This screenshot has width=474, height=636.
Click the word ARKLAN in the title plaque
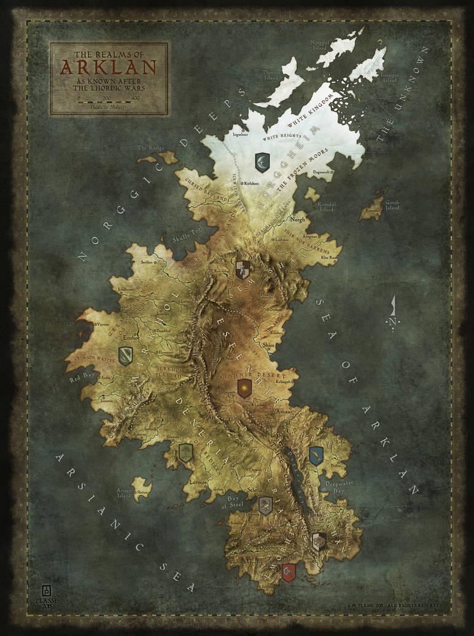coord(109,66)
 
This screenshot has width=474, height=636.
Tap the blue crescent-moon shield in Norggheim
coord(262,162)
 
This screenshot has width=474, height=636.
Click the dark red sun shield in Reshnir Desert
coord(244,388)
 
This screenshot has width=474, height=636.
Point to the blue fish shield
coord(316,455)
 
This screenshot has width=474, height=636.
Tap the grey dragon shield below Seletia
coord(265,505)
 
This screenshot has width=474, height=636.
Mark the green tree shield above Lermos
coord(185,453)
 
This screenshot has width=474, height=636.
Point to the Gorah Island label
coord(392,204)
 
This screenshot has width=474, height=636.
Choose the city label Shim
coord(269,346)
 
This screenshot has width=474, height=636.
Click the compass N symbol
coord(392,321)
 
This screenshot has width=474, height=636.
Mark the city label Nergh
coord(298,218)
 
